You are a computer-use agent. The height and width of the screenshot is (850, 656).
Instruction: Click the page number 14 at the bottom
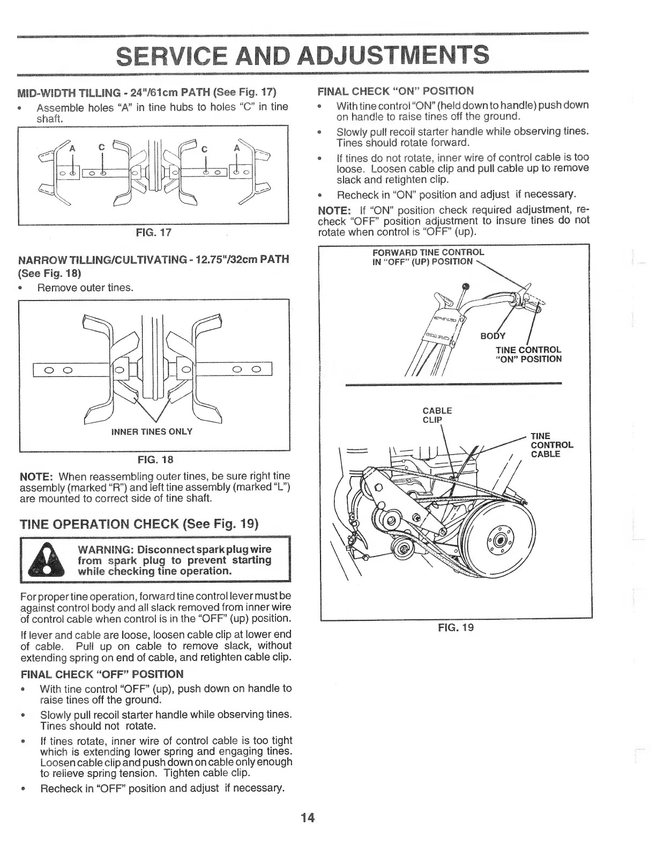[x=307, y=818]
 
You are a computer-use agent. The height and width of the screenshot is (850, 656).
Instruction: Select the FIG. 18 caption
[x=155, y=460]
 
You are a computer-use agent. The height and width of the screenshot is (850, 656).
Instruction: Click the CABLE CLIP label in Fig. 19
[x=437, y=415]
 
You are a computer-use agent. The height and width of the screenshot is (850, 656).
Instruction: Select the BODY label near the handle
[x=493, y=336]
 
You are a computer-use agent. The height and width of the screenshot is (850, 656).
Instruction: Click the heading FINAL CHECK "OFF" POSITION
[x=102, y=674]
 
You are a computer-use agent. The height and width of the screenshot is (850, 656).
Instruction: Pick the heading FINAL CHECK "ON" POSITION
[x=396, y=90]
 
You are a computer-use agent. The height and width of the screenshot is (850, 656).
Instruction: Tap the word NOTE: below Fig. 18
[x=36, y=477]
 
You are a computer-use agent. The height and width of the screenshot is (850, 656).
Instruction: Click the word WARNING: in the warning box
[x=105, y=549]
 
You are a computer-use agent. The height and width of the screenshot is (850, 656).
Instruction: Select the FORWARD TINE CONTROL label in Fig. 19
[x=428, y=252]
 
